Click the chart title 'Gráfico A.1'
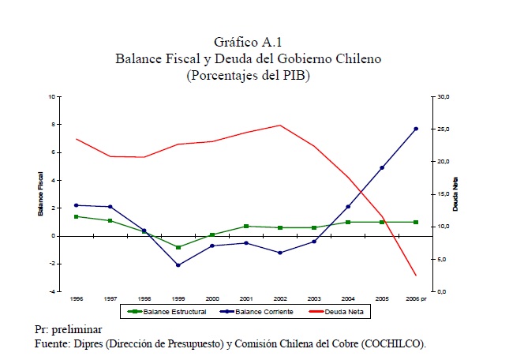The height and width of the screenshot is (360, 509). click(x=246, y=43)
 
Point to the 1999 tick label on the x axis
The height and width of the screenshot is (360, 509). click(x=178, y=299)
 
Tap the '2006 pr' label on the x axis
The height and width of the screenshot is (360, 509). click(x=416, y=299)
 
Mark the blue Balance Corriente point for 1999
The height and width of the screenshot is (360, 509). click(x=178, y=265)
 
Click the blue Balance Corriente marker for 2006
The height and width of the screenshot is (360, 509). click(x=416, y=129)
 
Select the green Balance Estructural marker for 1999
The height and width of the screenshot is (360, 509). click(x=178, y=247)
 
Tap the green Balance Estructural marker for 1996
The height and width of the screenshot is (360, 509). click(x=77, y=216)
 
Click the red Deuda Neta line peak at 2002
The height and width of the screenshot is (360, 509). click(x=280, y=125)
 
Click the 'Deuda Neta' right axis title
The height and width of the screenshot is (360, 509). click(x=455, y=194)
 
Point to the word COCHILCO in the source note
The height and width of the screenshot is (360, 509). click(x=393, y=343)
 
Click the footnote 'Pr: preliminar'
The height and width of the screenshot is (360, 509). click(x=69, y=329)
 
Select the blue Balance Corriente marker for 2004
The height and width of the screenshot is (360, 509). click(x=348, y=207)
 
